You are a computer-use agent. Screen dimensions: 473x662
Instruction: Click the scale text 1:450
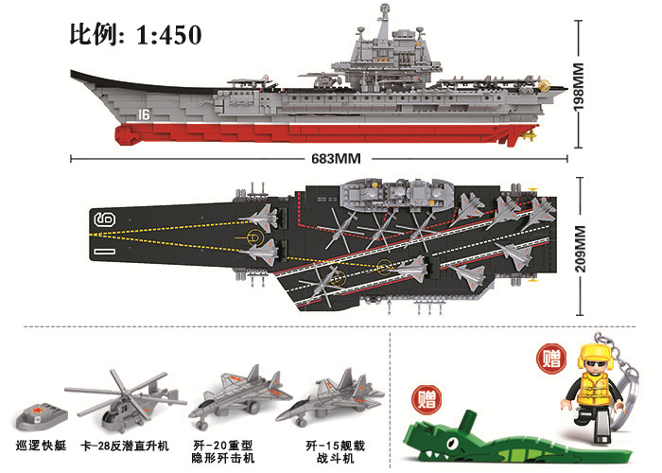click(x=169, y=35)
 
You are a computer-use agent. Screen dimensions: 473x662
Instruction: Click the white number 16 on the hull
click(x=145, y=114)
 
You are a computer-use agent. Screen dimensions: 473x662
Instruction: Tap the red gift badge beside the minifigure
click(x=550, y=359)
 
